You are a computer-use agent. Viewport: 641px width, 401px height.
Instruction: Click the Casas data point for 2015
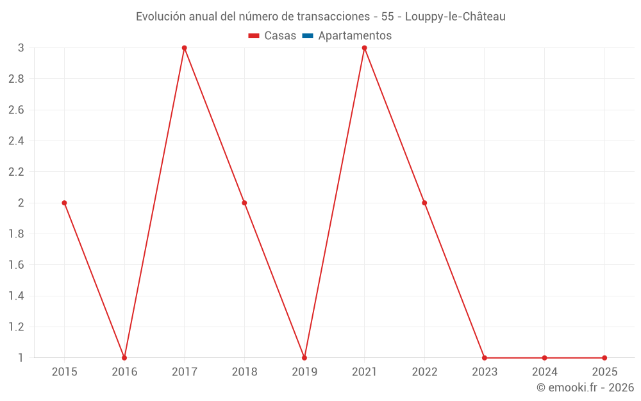click(64, 203)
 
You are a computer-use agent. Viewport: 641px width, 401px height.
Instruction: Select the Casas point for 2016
click(124, 357)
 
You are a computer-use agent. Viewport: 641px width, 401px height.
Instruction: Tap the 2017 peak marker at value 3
click(184, 48)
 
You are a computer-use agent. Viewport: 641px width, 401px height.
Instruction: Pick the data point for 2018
click(244, 203)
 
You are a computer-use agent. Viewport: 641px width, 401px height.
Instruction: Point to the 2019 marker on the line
click(304, 357)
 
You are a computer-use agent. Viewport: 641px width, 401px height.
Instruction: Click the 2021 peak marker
click(364, 48)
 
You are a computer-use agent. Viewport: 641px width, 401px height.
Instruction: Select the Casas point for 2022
click(424, 203)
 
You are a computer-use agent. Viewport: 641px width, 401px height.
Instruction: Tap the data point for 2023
click(485, 357)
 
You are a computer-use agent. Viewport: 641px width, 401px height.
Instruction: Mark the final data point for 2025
click(604, 357)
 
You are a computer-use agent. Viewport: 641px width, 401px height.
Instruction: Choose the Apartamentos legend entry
click(354, 36)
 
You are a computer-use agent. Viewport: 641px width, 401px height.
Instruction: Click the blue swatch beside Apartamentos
click(307, 36)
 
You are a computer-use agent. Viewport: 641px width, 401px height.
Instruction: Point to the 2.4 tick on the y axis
click(16, 141)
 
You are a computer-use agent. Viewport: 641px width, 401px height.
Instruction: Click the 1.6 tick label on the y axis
click(16, 265)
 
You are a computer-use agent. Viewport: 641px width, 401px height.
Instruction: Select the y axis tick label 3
click(21, 48)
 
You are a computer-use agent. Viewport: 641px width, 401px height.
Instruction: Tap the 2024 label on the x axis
click(544, 371)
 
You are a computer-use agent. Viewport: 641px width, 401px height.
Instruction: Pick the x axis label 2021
click(364, 371)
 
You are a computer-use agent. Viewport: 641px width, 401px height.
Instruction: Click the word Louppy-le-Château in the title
click(455, 17)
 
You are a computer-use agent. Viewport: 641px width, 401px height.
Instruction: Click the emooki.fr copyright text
click(585, 388)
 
